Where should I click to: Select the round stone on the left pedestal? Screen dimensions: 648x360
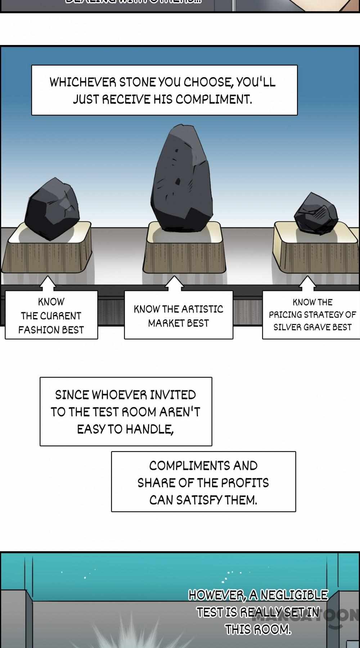[x=52, y=209]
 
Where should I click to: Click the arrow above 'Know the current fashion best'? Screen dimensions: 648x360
[x=48, y=283]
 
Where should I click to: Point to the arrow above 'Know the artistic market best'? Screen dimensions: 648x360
[x=175, y=283]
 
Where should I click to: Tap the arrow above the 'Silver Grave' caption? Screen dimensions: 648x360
[x=308, y=283]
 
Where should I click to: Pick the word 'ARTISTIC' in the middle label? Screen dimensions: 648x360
[x=202, y=309]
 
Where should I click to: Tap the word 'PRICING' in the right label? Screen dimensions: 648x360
[x=285, y=315]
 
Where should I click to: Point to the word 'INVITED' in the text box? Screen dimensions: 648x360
[x=173, y=395]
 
